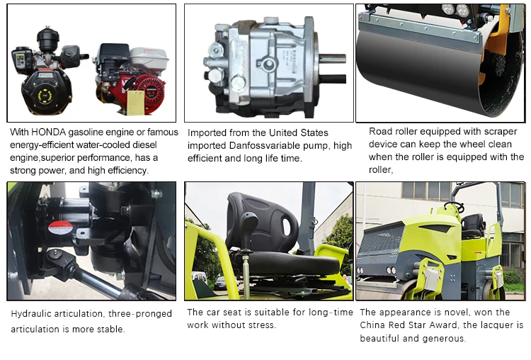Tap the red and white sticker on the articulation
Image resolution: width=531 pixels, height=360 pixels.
tap(60, 227)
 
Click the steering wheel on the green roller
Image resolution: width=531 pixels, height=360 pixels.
tap(454, 208)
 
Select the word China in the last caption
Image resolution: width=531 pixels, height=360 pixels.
tap(375, 325)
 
